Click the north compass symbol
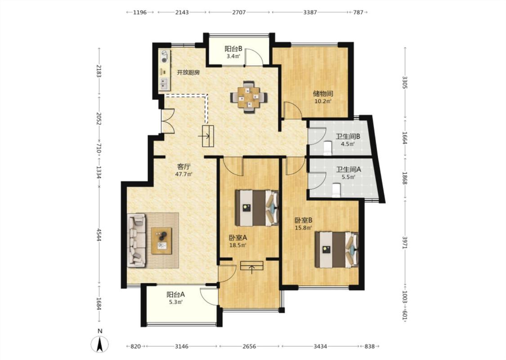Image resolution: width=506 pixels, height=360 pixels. (x=100, y=344)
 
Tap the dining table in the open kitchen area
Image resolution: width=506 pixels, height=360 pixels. (x=249, y=97)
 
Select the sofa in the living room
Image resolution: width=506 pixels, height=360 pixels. (x=137, y=240)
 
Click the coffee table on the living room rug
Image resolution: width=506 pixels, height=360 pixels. (x=161, y=241)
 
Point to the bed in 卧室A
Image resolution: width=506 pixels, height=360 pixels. (x=256, y=208)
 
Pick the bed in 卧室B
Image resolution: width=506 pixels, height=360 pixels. (x=336, y=250)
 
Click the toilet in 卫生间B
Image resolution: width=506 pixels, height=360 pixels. (x=327, y=147)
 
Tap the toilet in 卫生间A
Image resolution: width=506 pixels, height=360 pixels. (x=336, y=190)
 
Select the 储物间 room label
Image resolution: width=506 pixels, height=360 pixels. (x=323, y=94)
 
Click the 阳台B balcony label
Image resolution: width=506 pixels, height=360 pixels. (x=233, y=49)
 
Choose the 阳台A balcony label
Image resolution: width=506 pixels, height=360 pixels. (x=175, y=294)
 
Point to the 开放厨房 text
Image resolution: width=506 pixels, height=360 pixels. (x=188, y=72)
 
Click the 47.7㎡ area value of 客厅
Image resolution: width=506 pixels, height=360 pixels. (x=184, y=174)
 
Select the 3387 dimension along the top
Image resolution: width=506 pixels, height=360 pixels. (x=310, y=12)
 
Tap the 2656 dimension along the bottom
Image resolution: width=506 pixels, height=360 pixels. (x=249, y=346)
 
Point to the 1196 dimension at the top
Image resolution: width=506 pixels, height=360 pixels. (x=140, y=12)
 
